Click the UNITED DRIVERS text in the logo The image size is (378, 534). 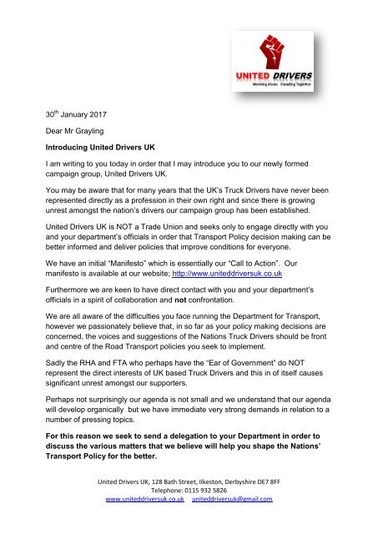(x=286, y=74)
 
